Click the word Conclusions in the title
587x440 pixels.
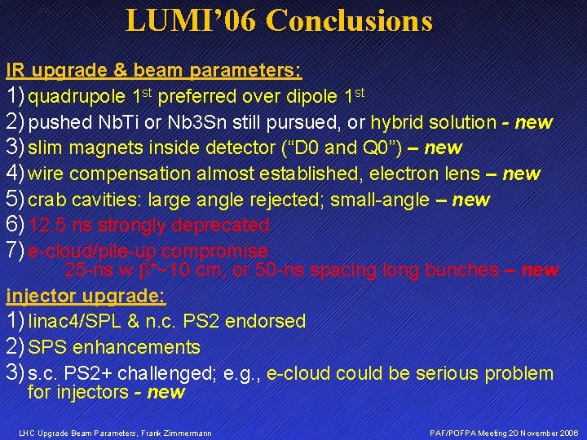pyautogui.click(x=349, y=20)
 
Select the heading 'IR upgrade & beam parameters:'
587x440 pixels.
pyautogui.click(x=154, y=70)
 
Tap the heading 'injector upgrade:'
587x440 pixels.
pyautogui.click(x=86, y=295)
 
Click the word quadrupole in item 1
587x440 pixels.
pyautogui.click(x=77, y=97)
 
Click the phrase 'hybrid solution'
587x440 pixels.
pyautogui.click(x=433, y=123)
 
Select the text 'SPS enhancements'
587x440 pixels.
pyautogui.click(x=114, y=348)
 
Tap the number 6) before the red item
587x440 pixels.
pyautogui.click(x=15, y=225)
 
